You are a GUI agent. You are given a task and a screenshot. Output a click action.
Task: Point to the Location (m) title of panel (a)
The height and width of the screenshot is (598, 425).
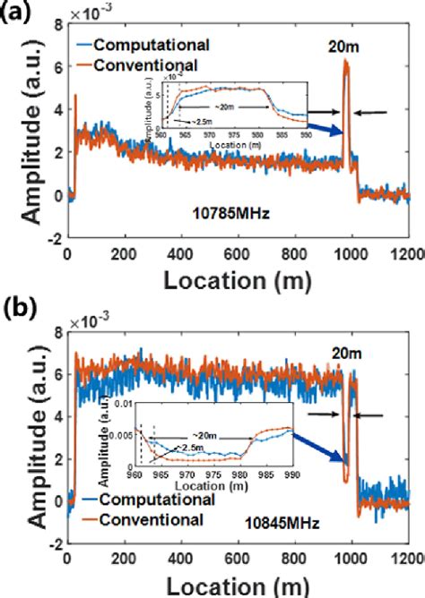pos(237,281)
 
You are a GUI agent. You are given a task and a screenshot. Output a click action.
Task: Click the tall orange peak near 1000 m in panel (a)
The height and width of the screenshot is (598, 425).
pos(346,67)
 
